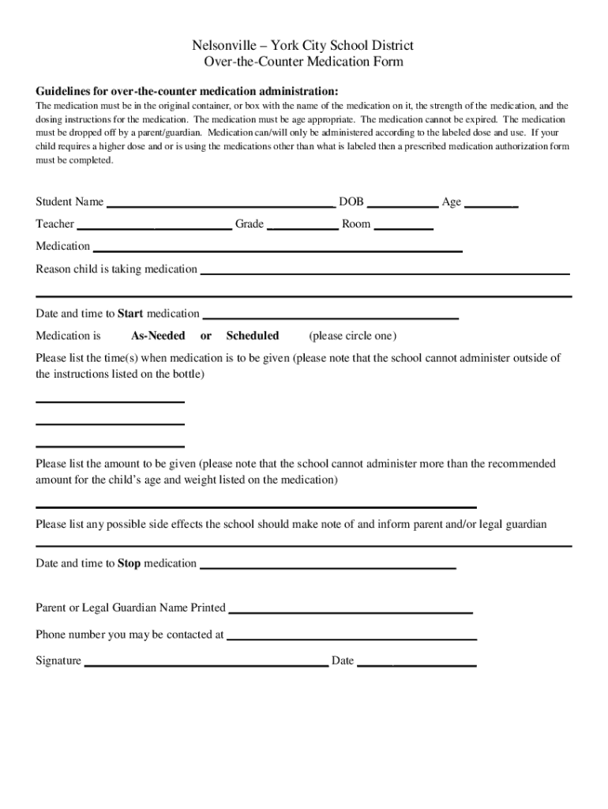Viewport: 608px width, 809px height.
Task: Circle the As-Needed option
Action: tap(158, 336)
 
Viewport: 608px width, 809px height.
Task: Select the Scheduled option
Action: tap(253, 336)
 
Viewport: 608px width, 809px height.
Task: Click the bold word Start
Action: tap(130, 314)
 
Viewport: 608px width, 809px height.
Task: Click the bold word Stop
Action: tap(129, 563)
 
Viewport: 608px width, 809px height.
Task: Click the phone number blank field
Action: tap(351, 636)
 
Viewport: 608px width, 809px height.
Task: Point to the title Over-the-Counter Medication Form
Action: tap(304, 62)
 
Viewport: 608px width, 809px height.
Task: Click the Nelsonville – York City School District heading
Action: tap(304, 46)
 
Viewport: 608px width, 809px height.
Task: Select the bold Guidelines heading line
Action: tap(187, 90)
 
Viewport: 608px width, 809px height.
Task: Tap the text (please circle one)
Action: tap(353, 336)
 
